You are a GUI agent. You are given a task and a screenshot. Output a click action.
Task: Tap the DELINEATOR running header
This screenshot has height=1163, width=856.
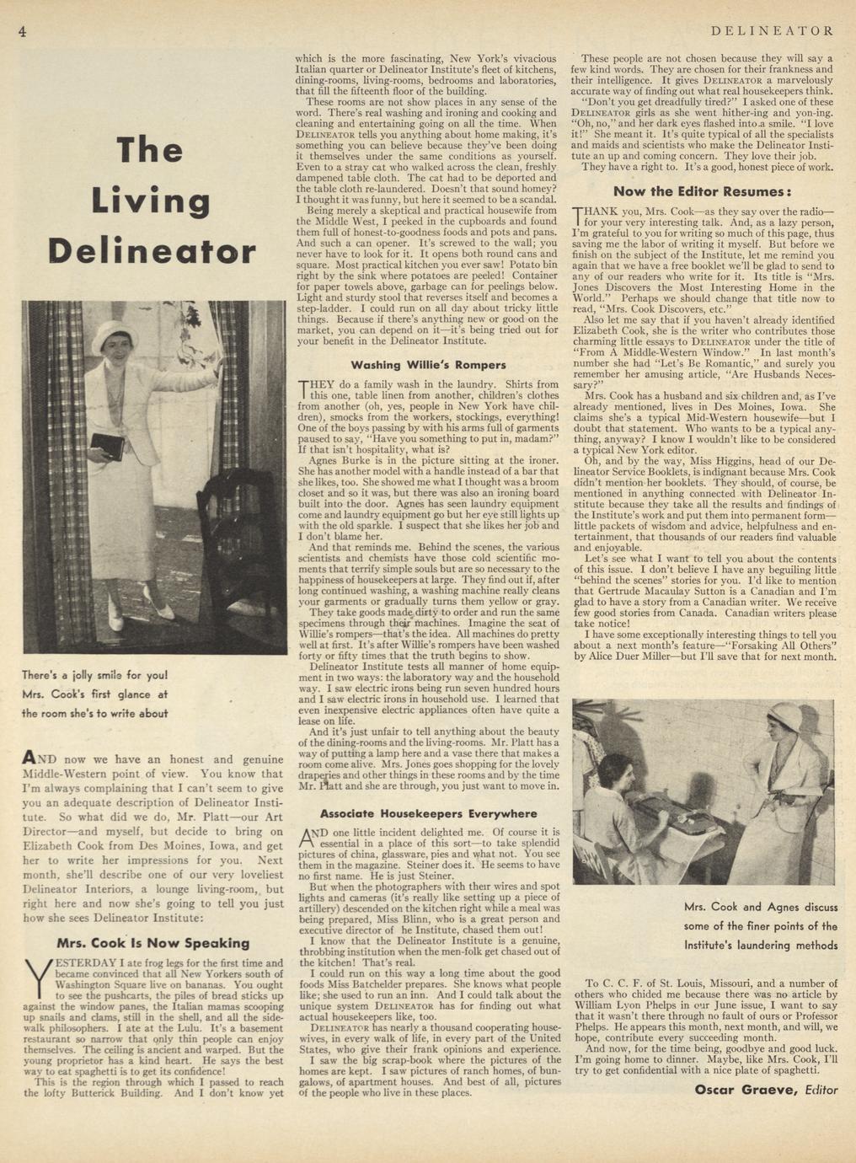coord(773,31)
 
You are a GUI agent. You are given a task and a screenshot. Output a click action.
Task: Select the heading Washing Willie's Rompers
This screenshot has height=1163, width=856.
coord(428,365)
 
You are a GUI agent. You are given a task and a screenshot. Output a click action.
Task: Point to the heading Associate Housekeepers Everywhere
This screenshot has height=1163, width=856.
coord(428,813)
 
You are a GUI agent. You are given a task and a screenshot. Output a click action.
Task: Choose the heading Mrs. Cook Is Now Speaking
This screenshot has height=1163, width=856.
coord(152,943)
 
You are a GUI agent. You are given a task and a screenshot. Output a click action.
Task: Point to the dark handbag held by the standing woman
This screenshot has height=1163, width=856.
coord(107,445)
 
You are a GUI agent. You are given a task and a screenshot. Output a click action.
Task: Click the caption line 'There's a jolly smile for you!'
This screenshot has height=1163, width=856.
coord(95,675)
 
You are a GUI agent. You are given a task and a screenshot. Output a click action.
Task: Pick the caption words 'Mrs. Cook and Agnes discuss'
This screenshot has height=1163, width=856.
coord(761,908)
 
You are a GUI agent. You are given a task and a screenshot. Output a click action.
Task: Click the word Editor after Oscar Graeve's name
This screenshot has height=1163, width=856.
coord(821,1090)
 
